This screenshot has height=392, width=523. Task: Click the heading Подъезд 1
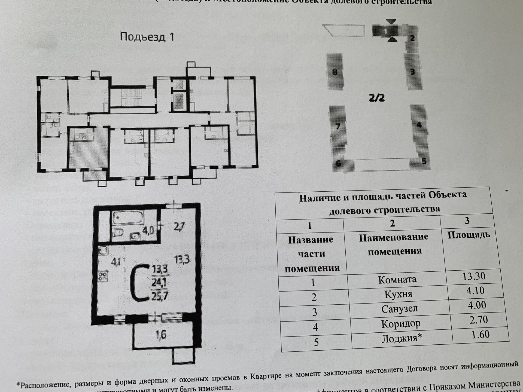coord(147,37)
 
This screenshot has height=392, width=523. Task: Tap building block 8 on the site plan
coord(335,72)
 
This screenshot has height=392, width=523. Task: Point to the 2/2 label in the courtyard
coord(377,98)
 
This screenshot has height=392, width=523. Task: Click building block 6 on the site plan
coord(339,163)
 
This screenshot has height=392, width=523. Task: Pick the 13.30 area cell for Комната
coord(474,276)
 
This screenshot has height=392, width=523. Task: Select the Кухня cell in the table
coord(398,294)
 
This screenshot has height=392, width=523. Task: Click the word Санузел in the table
coord(399,309)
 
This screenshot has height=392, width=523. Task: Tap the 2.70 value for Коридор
coord(479,320)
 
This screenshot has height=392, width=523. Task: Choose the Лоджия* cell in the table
coord(402,338)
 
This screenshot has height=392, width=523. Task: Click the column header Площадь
coord(469,234)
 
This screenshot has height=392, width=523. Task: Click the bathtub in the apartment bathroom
coord(127,218)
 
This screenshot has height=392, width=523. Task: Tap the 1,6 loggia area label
coord(161,335)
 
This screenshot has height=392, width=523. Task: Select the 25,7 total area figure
coord(160,296)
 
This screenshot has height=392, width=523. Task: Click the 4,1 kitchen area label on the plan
coord(116,262)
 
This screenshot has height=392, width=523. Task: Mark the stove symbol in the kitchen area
coord(103,276)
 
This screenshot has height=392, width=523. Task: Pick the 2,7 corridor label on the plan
coord(179,226)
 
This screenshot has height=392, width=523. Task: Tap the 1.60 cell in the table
coord(481,334)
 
